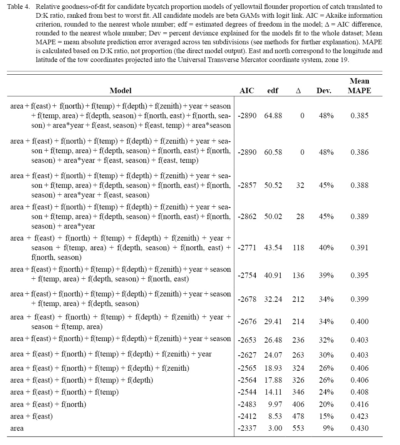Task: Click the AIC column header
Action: pyautogui.click(x=247, y=91)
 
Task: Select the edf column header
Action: pyautogui.click(x=273, y=91)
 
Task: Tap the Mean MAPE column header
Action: pyautogui.click(x=359, y=86)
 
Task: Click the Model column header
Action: pyautogui.click(x=121, y=91)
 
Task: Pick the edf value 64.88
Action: pyautogui.click(x=273, y=115)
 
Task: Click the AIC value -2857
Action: pyautogui.click(x=247, y=185)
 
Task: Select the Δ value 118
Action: pyautogui.click(x=298, y=248)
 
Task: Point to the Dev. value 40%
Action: pyautogui.click(x=326, y=248)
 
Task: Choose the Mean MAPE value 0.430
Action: pyautogui.click(x=359, y=428)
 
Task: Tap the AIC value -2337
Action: pyautogui.click(x=247, y=428)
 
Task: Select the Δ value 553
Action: pyautogui.click(x=298, y=428)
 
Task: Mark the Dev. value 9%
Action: pyautogui.click(x=328, y=428)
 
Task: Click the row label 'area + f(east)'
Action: pyautogui.click(x=32, y=416)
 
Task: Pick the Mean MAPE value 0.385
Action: pyautogui.click(x=359, y=115)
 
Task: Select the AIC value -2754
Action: pyautogui.click(x=247, y=275)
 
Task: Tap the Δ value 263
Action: pyautogui.click(x=298, y=355)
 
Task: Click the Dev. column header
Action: pyautogui.click(x=324, y=91)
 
